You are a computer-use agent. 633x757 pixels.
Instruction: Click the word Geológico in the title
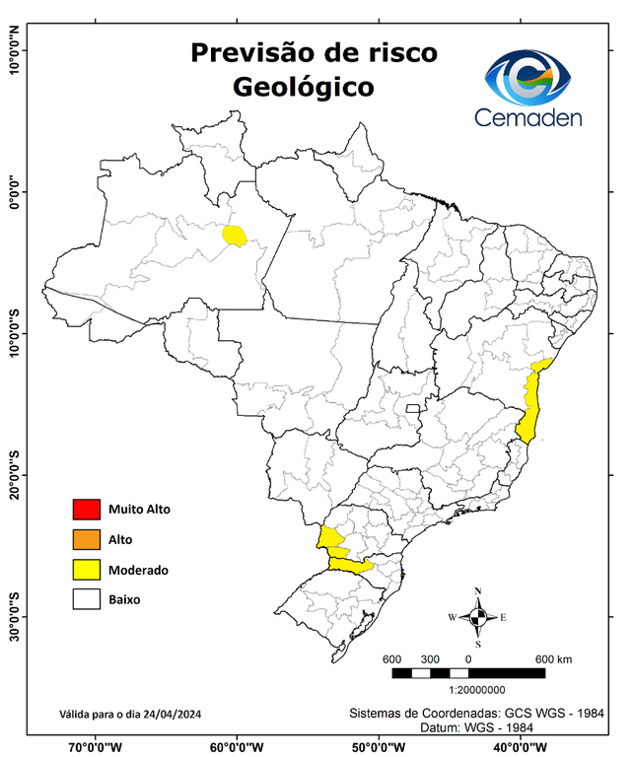tap(304, 87)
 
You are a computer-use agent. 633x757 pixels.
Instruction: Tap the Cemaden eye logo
tap(533, 79)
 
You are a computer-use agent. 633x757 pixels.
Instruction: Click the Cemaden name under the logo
tap(528, 117)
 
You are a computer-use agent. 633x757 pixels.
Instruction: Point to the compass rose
tap(478, 617)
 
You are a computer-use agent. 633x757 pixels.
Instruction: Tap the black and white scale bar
tap(468, 673)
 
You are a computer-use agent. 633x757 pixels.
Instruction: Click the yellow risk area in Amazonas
tap(235, 235)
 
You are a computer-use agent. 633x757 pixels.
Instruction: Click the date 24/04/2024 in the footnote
tap(174, 714)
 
